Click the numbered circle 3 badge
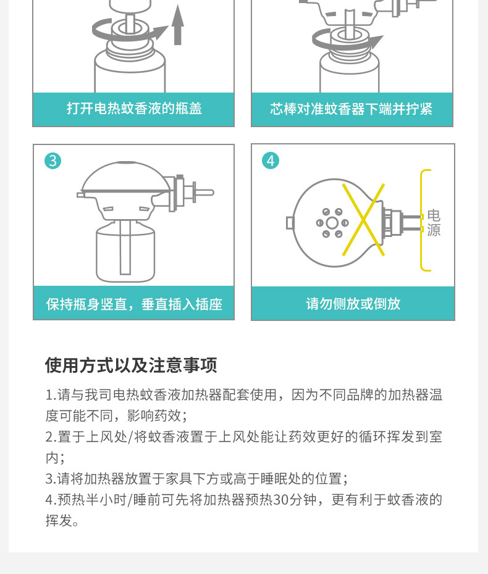(x=53, y=160)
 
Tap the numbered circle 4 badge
(x=271, y=160)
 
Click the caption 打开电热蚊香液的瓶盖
(x=134, y=109)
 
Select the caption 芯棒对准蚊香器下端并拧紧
(x=351, y=109)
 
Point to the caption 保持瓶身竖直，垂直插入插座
(x=134, y=304)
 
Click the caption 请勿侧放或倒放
(x=353, y=304)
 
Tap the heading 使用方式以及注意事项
(x=131, y=365)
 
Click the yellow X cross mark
(x=363, y=220)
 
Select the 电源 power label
(x=434, y=223)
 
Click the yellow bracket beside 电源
(x=422, y=220)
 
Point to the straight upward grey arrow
(x=178, y=25)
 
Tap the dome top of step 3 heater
(x=125, y=177)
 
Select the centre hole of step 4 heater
(x=332, y=223)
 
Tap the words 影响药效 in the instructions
(x=154, y=416)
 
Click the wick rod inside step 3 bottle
(x=125, y=247)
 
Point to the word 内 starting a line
(x=52, y=457)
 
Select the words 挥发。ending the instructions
(x=62, y=520)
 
